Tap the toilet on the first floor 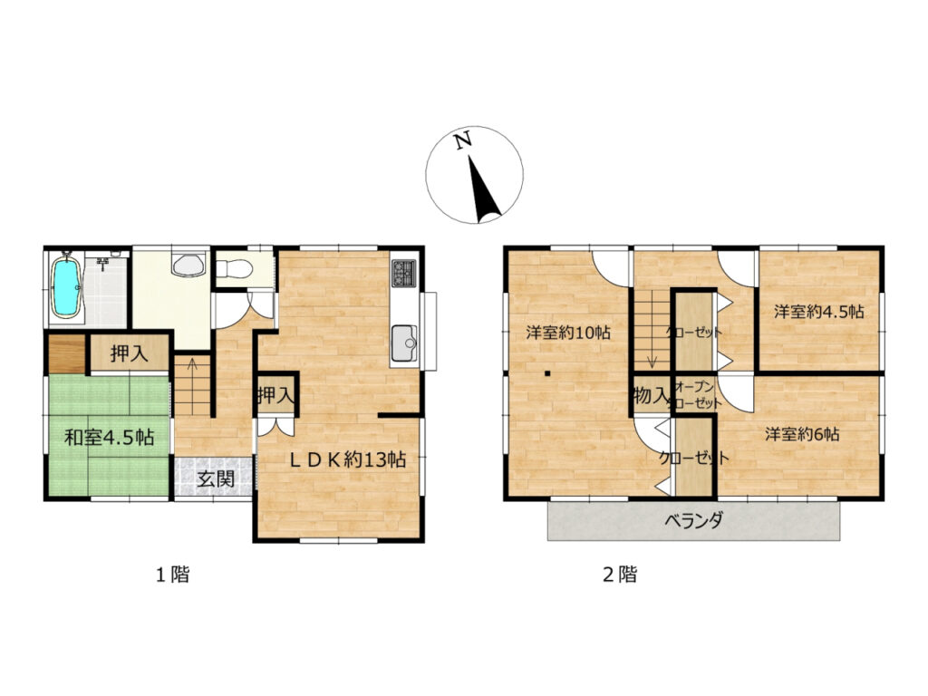click(235, 269)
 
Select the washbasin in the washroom click(188, 265)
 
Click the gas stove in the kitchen click(404, 274)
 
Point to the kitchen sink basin click(403, 343)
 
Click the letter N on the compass click(463, 140)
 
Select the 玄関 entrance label click(216, 478)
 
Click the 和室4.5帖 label click(110, 438)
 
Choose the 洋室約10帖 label click(568, 332)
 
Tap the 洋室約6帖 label click(802, 434)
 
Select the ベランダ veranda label click(693, 521)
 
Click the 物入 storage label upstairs click(651, 395)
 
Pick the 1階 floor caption click(172, 574)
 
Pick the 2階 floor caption click(620, 574)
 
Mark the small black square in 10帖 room click(548, 373)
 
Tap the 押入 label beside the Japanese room click(129, 354)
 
